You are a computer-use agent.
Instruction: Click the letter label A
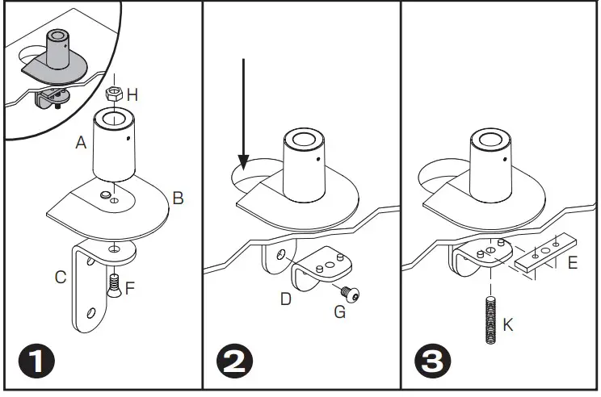click(x=81, y=143)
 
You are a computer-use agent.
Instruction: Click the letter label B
click(x=179, y=197)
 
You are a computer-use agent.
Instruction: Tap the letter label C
click(x=61, y=278)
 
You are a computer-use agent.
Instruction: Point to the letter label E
click(x=573, y=262)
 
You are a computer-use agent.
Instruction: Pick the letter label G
click(x=339, y=311)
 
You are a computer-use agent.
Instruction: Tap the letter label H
click(x=132, y=95)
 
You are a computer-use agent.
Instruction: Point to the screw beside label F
click(x=114, y=284)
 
